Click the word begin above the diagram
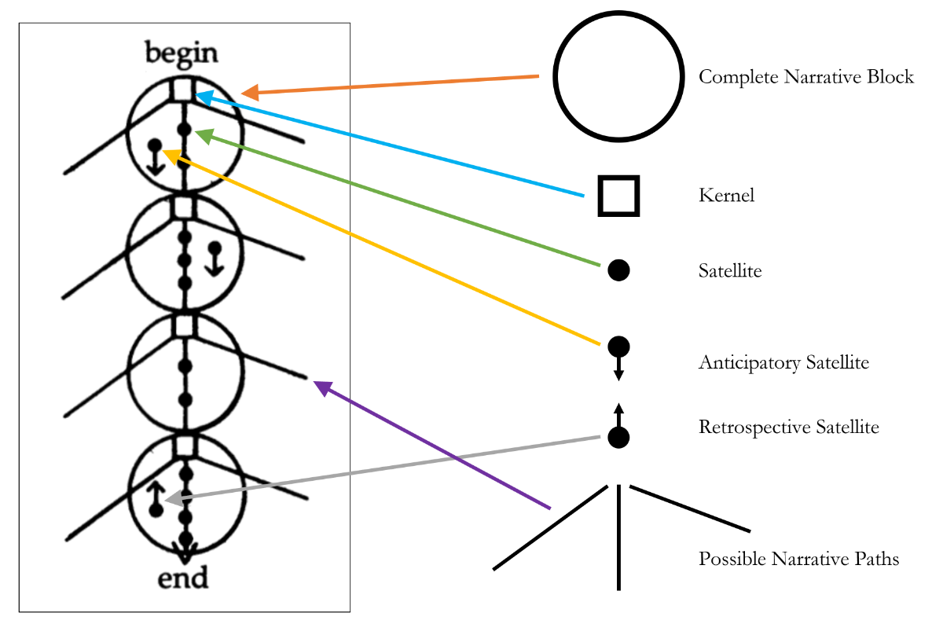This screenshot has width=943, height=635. coord(182,53)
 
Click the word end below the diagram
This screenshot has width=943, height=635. coord(183,578)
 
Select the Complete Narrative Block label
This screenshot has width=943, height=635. coord(806,77)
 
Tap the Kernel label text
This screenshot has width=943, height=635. coord(726,196)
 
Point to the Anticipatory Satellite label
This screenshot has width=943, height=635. coord(783,363)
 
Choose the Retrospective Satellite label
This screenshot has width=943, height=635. coord(788,428)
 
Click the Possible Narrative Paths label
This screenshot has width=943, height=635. coord(798,560)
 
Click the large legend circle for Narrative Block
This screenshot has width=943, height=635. coord(616,77)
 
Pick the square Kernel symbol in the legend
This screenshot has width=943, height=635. coord(618,196)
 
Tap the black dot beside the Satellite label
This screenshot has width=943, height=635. coord(618,270)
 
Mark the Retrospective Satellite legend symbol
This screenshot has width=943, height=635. coord(618,428)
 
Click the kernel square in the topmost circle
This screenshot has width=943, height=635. coord(182,89)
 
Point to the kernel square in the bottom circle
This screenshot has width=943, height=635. coord(184,446)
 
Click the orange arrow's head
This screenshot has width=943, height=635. coord(248,94)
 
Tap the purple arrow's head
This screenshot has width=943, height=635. coord(318,385)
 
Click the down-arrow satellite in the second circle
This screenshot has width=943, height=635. coord(214,257)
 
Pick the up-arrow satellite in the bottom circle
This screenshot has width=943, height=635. coord(156,499)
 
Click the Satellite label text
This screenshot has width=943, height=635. coord(730,271)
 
